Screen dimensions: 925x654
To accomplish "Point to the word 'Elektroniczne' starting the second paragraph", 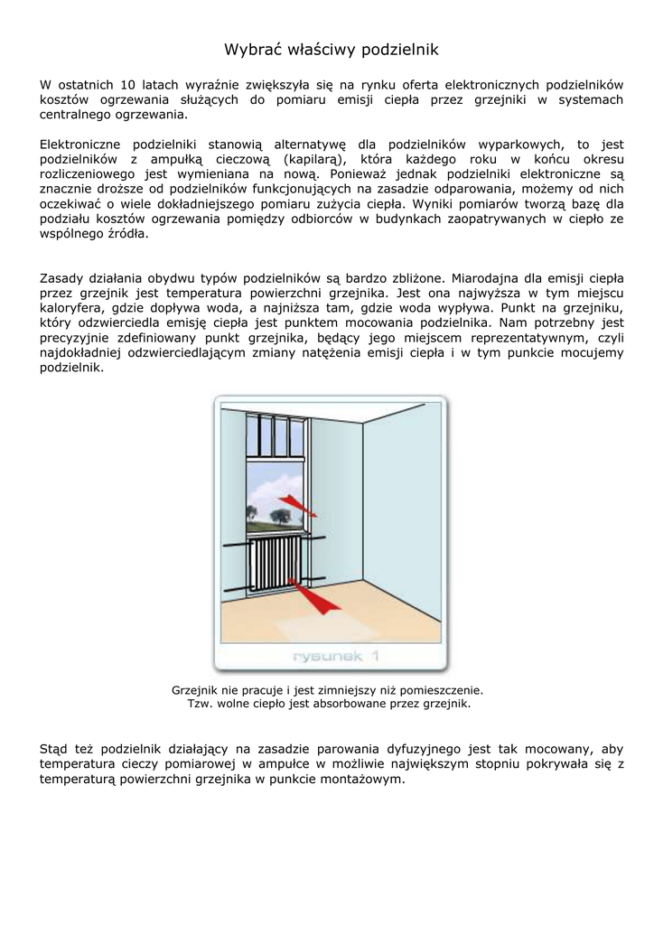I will (x=80, y=144).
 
